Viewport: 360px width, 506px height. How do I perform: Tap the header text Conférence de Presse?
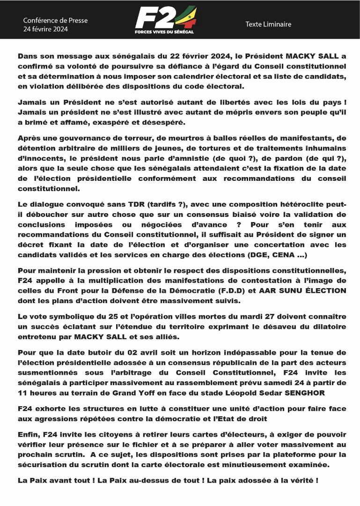pyautogui.click(x=55, y=20)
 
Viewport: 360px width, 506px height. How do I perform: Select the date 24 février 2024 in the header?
pyautogui.click(x=45, y=29)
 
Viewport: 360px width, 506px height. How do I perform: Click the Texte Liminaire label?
pyautogui.click(x=268, y=24)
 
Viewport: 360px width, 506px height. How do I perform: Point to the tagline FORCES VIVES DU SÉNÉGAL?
pyautogui.click(x=163, y=32)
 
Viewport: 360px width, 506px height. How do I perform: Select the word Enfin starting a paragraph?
pyautogui.click(x=29, y=434)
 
